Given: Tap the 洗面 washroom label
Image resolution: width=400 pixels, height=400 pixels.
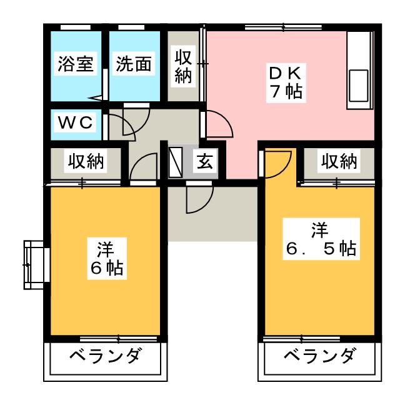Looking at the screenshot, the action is coord(133,64).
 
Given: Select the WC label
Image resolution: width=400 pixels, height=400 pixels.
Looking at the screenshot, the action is coord(76,123).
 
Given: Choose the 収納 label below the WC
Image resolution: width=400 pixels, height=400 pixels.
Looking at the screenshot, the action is coord(86,161).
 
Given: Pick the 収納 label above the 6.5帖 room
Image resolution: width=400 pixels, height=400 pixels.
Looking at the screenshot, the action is coord(339,161).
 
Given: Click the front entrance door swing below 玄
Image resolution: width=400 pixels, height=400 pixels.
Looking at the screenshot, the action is coord(197,199).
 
